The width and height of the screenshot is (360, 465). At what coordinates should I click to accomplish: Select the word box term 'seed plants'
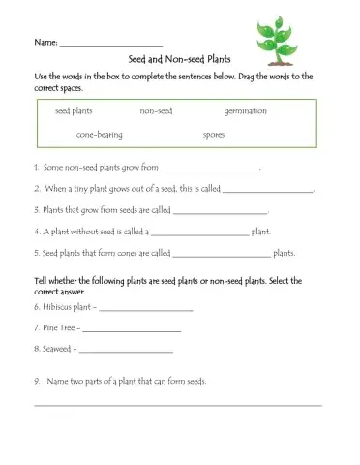(74, 111)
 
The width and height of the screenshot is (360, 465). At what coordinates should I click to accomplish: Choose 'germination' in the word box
(245, 111)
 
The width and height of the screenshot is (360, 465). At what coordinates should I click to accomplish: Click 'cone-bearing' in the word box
(100, 135)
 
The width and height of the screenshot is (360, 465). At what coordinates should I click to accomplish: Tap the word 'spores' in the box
(214, 135)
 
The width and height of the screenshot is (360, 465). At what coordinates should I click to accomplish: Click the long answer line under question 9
(179, 404)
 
